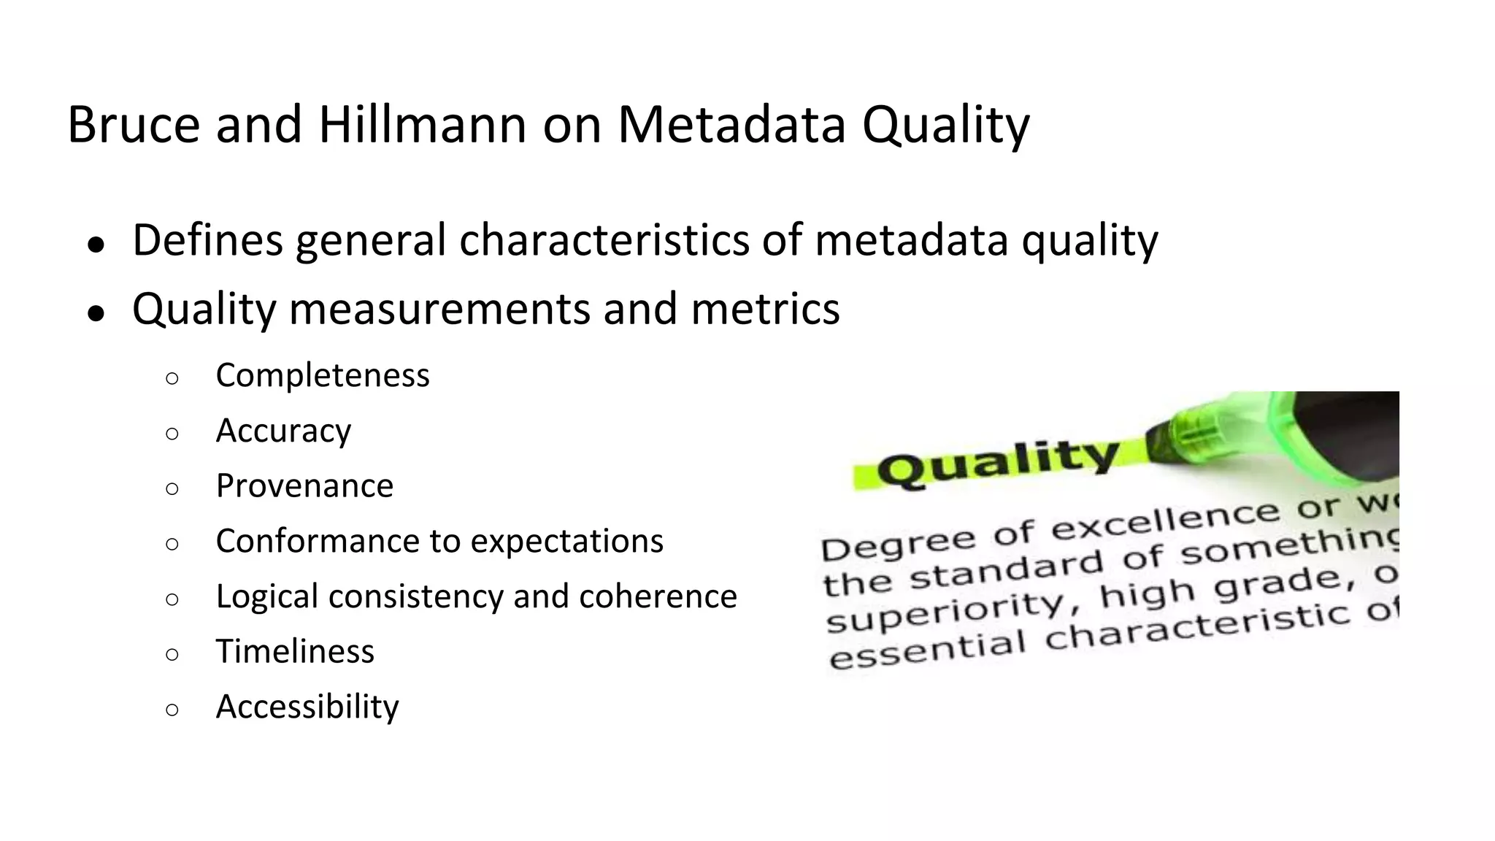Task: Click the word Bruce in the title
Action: click(134, 124)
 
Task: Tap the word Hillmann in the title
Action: click(422, 124)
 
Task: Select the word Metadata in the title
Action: click(731, 124)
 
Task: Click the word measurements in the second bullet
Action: click(440, 309)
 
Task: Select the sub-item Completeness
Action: click(322, 375)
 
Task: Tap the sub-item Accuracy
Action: click(283, 431)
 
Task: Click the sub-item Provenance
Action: click(304, 485)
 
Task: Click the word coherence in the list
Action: click(658, 596)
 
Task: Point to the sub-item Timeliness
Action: click(295, 651)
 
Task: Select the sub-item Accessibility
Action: click(307, 707)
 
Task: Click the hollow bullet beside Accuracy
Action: click(172, 434)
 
